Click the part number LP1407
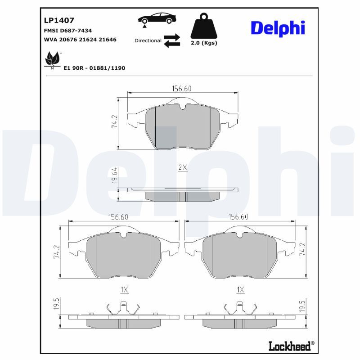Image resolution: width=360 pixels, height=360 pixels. (x=59, y=20)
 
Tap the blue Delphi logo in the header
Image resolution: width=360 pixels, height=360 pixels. (x=278, y=27)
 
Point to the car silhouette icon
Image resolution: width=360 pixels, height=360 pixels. (x=157, y=18)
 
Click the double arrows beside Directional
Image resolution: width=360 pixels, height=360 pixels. (x=171, y=40)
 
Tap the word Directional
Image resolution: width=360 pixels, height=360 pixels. (x=148, y=40)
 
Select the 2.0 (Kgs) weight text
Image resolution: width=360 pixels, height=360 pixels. (x=203, y=43)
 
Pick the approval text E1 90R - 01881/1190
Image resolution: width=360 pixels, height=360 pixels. (x=95, y=68)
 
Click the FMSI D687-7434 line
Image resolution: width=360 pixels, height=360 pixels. (x=68, y=31)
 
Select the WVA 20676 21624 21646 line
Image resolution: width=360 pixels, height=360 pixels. (x=80, y=40)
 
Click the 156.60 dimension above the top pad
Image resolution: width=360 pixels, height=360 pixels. (x=182, y=89)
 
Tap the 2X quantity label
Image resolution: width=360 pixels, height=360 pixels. (x=182, y=167)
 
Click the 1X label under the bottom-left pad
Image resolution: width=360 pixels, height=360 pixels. (x=124, y=290)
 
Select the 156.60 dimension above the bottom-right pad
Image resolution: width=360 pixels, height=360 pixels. (x=238, y=216)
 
